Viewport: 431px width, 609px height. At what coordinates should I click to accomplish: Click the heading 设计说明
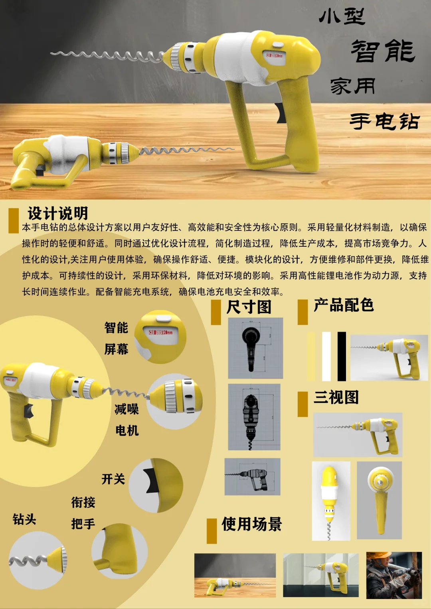[x=57, y=213]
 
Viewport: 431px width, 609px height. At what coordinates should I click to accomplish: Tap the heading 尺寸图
[x=249, y=307]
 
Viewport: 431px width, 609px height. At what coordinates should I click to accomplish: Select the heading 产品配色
[x=343, y=305]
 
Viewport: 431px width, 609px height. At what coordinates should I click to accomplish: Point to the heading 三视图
[x=336, y=397]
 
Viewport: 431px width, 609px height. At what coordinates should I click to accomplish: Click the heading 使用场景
[x=251, y=524]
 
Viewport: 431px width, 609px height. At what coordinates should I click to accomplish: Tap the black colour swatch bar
[x=342, y=356]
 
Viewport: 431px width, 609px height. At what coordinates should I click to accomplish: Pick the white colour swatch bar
[x=326, y=356]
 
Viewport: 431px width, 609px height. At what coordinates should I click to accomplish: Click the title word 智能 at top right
[x=383, y=51]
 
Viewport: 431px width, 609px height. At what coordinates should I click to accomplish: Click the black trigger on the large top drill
[x=281, y=113]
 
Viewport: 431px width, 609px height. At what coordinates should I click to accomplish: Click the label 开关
[x=113, y=479]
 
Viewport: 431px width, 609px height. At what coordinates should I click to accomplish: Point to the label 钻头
[x=24, y=519]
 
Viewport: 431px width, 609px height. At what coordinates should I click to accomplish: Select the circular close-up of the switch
[x=156, y=485]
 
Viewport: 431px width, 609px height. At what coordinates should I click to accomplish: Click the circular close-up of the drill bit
[x=38, y=560]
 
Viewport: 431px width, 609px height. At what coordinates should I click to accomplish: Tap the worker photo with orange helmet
[x=393, y=575]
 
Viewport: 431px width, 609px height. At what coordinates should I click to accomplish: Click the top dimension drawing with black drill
[x=255, y=348]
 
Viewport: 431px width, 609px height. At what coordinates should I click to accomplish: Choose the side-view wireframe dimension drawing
[x=252, y=476]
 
